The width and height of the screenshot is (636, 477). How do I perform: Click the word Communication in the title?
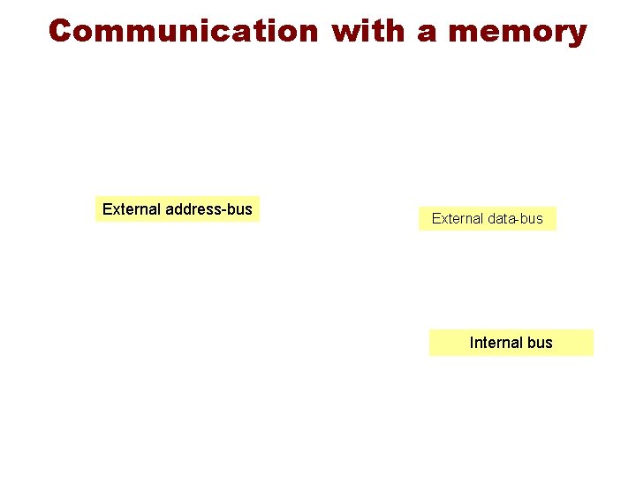183,31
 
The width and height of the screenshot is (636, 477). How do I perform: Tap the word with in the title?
370,31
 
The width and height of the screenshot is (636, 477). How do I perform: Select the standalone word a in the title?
427,33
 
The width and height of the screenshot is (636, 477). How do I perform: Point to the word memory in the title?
517,33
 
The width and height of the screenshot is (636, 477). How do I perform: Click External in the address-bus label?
132,209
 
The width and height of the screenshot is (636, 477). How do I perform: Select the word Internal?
496,343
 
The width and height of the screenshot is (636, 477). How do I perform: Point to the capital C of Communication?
60,31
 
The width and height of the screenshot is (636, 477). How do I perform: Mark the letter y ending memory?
576,34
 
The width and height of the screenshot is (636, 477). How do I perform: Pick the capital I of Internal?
472,343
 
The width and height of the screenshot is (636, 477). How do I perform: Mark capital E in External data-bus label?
436,218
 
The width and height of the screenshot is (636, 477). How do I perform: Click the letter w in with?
346,33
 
